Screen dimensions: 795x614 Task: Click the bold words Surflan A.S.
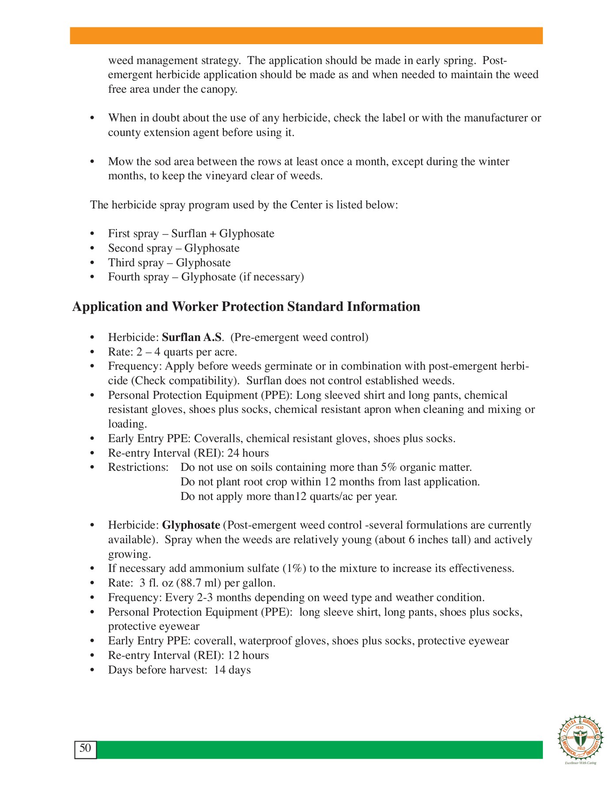click(x=192, y=337)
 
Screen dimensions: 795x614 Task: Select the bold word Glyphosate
click(x=191, y=525)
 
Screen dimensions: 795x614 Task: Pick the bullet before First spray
click(x=92, y=234)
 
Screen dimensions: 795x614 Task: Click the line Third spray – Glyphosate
click(x=169, y=263)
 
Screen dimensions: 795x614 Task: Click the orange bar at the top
click(x=306, y=35)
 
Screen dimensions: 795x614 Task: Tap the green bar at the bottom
click(x=319, y=750)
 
